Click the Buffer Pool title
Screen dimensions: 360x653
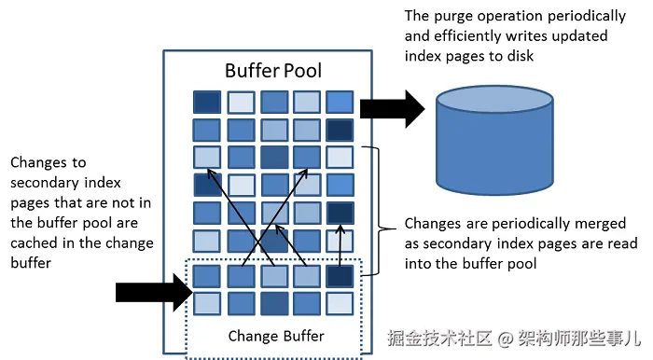pos(273,71)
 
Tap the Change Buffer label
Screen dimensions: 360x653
pos(275,335)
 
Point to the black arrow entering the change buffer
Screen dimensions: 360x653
pos(149,292)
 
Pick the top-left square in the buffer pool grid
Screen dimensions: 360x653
pos(207,102)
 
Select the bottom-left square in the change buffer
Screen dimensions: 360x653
pos(207,303)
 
